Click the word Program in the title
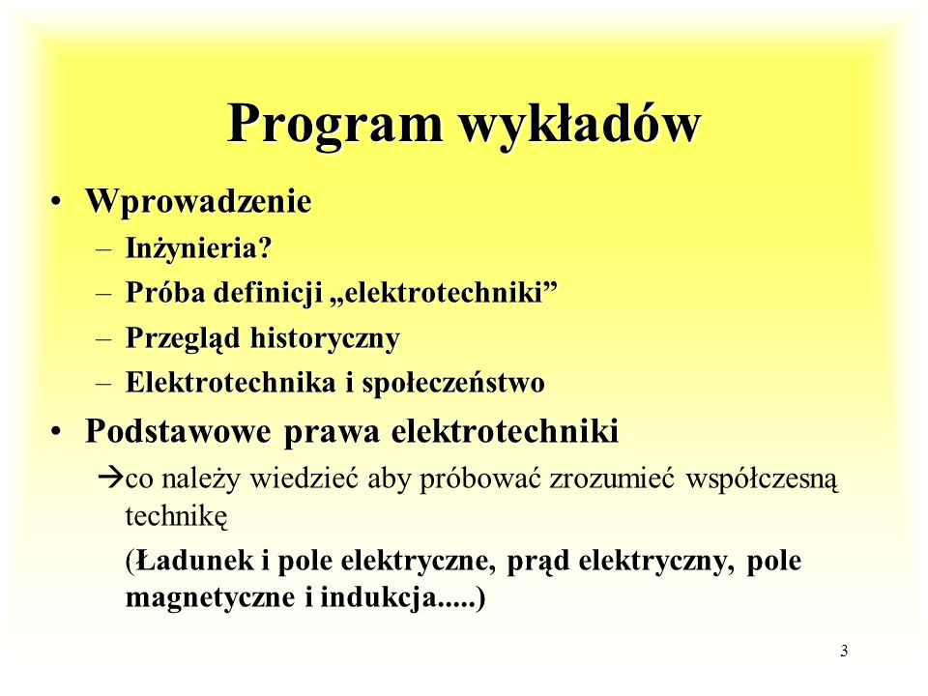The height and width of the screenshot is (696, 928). pos(335,126)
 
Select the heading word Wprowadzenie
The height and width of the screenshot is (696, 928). pos(198,201)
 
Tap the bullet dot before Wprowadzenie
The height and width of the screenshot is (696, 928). pos(56,202)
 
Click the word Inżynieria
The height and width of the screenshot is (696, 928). pos(191,248)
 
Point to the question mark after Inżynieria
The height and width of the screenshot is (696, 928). pos(265,247)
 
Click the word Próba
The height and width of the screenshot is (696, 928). pos(165,292)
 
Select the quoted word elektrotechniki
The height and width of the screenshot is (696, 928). pos(444,292)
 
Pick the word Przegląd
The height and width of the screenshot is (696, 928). pos(183,339)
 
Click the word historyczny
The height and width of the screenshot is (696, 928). pos(325,339)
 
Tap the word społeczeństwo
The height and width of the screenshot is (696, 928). pos(453,384)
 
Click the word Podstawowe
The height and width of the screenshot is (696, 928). pos(178,431)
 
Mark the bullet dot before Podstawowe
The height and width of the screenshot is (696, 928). pos(56,432)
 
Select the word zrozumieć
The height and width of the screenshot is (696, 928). pos(612,478)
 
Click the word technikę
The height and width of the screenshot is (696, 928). pos(176,516)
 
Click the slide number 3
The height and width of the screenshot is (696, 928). pos(844,651)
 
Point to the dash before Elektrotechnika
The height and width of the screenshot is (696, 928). pos(104,384)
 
